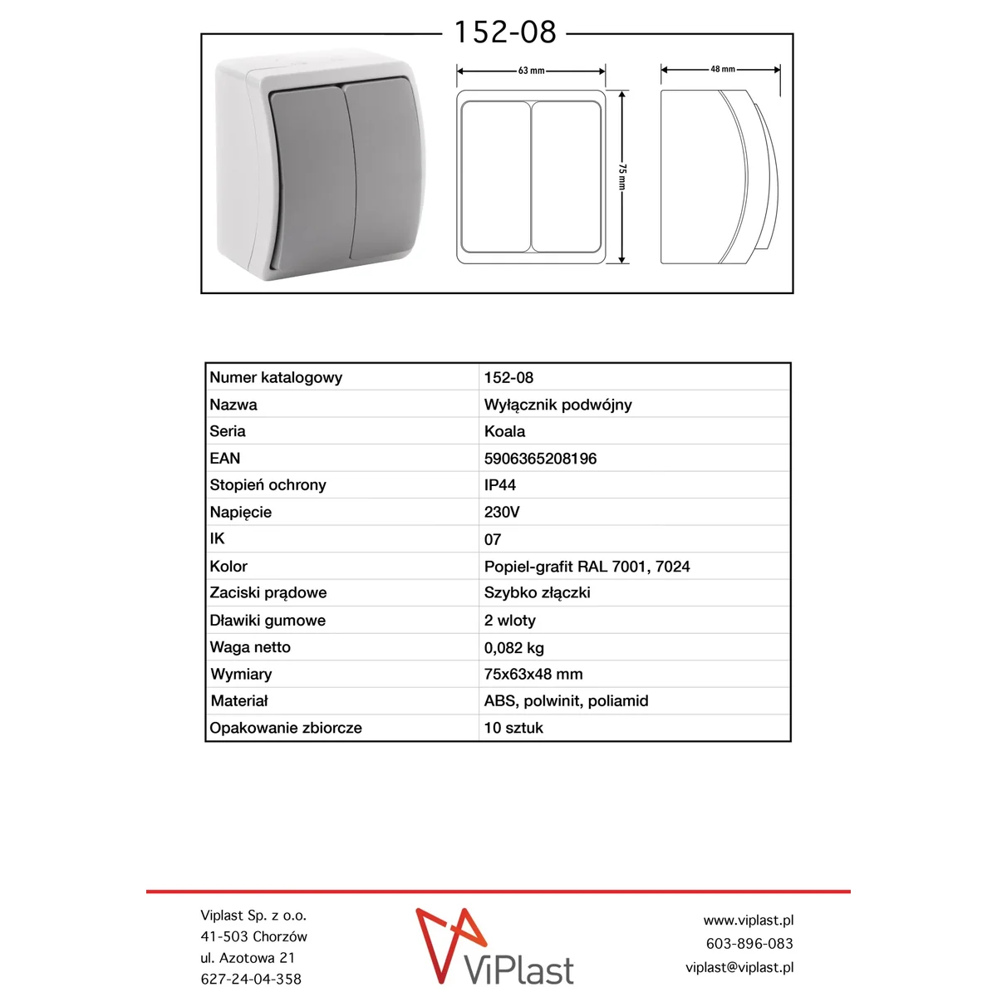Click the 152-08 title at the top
point(504,32)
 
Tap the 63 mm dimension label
point(531,71)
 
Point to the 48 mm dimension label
point(722,69)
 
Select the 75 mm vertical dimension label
point(622,176)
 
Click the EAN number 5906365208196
point(540,459)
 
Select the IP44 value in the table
point(500,485)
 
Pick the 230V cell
point(502,513)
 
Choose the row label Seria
point(228,431)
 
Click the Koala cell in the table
point(504,431)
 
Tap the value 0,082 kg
point(514,648)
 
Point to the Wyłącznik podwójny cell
point(557,405)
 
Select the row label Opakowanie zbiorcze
point(286,728)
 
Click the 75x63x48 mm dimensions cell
point(533,675)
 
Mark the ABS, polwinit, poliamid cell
point(566,701)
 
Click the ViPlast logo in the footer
point(495,946)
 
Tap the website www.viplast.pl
point(748,921)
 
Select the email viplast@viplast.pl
point(739,967)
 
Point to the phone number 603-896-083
point(749,944)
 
